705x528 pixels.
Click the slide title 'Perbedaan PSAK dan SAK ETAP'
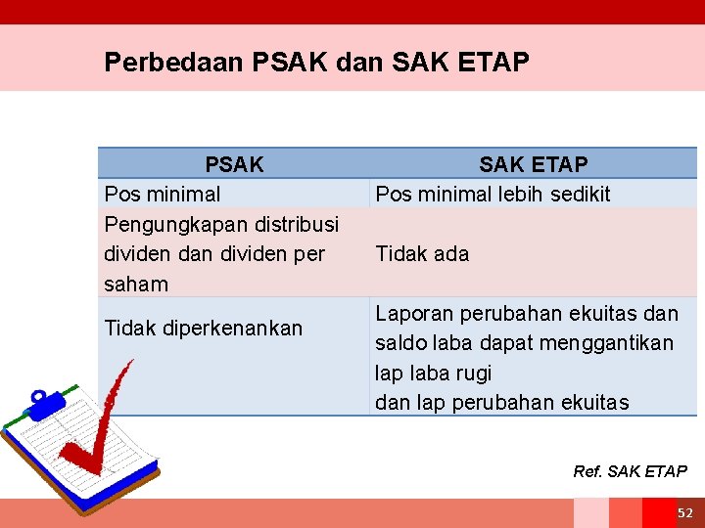pos(316,63)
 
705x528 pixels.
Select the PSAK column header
pos(234,164)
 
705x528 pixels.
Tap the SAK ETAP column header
pos(533,164)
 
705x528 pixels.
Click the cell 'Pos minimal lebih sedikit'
pos(493,194)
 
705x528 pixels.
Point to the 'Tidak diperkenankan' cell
pos(203,329)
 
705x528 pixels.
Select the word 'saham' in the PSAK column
pos(135,285)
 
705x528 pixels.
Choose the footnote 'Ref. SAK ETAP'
pos(630,471)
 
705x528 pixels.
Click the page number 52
pos(684,513)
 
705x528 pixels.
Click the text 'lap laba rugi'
pos(433,374)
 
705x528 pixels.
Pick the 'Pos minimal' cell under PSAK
pos(162,194)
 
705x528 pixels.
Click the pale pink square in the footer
pos(590,513)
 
